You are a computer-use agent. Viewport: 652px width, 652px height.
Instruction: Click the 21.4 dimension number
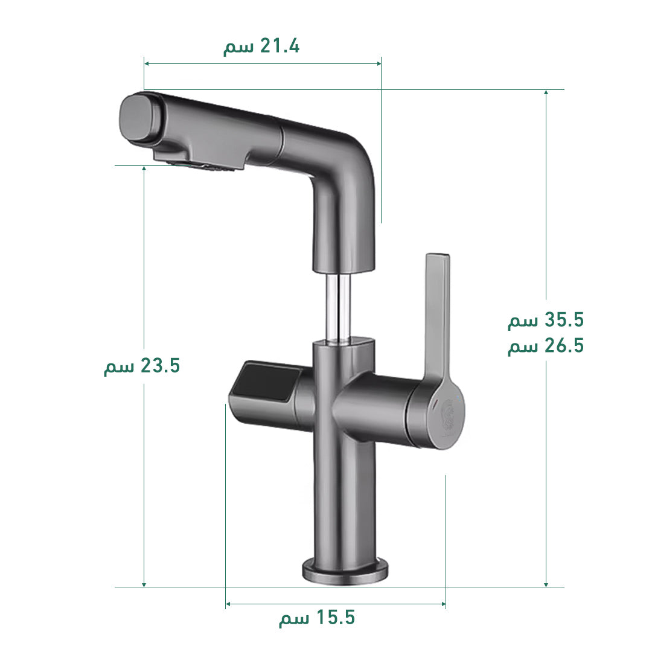pyautogui.click(x=280, y=46)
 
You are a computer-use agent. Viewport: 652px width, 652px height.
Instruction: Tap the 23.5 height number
pyautogui.click(x=160, y=365)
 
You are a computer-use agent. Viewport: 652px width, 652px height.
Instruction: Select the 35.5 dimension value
pyautogui.click(x=564, y=320)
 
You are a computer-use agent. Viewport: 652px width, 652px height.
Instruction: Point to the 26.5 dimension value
pyautogui.click(x=564, y=345)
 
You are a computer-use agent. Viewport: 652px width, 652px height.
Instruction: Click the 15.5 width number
pyautogui.click(x=336, y=618)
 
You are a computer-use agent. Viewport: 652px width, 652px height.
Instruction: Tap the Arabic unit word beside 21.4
pyautogui.click(x=238, y=48)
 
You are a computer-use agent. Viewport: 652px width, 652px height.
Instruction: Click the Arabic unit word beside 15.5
pyautogui.click(x=294, y=619)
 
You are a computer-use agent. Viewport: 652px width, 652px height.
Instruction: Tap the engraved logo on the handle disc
pyautogui.click(x=448, y=418)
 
